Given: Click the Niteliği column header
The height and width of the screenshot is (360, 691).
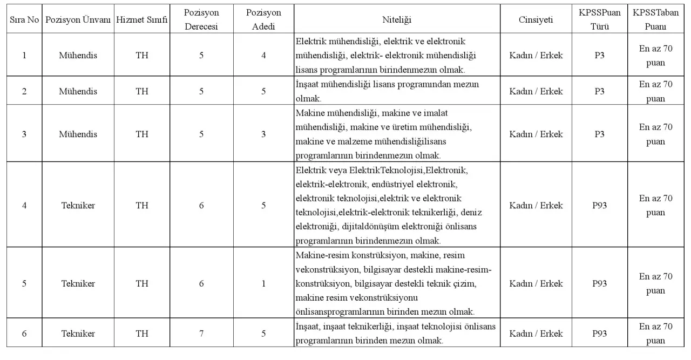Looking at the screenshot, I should coord(397,19).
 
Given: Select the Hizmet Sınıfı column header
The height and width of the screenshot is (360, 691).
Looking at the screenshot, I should coord(142,19).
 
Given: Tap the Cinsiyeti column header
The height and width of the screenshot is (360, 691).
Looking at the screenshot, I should coord(536,19).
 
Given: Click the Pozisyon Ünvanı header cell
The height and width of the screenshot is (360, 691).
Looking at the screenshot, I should coord(78,19).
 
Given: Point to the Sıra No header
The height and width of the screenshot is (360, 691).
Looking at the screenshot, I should coord(24,19).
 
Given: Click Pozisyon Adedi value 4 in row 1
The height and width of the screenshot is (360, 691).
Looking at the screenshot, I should coord(263,56).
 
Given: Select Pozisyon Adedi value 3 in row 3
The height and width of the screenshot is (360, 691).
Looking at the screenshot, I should coord(263,134).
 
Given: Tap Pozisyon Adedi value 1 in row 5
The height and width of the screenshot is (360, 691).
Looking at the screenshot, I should coord(263,284).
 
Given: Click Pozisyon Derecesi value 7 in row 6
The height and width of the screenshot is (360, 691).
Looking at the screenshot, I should coord(201,334).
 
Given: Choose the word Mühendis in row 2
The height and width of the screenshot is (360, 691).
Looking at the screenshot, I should coord(78,91).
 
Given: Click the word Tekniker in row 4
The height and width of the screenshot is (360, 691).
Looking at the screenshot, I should coord(78,206).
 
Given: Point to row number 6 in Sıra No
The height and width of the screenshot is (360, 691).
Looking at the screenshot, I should coord(24,334).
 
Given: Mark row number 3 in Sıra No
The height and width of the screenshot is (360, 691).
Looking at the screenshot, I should coord(24,134).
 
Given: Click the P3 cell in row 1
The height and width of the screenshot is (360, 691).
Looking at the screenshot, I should coord(599,56).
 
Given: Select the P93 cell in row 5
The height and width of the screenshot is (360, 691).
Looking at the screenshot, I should coord(599,284).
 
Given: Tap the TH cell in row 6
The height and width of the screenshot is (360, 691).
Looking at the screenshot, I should coord(142,334).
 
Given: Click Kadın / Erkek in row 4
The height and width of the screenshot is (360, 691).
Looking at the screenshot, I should coord(536,206).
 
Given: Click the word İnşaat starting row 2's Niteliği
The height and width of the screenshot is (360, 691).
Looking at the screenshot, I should coord(309,85).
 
